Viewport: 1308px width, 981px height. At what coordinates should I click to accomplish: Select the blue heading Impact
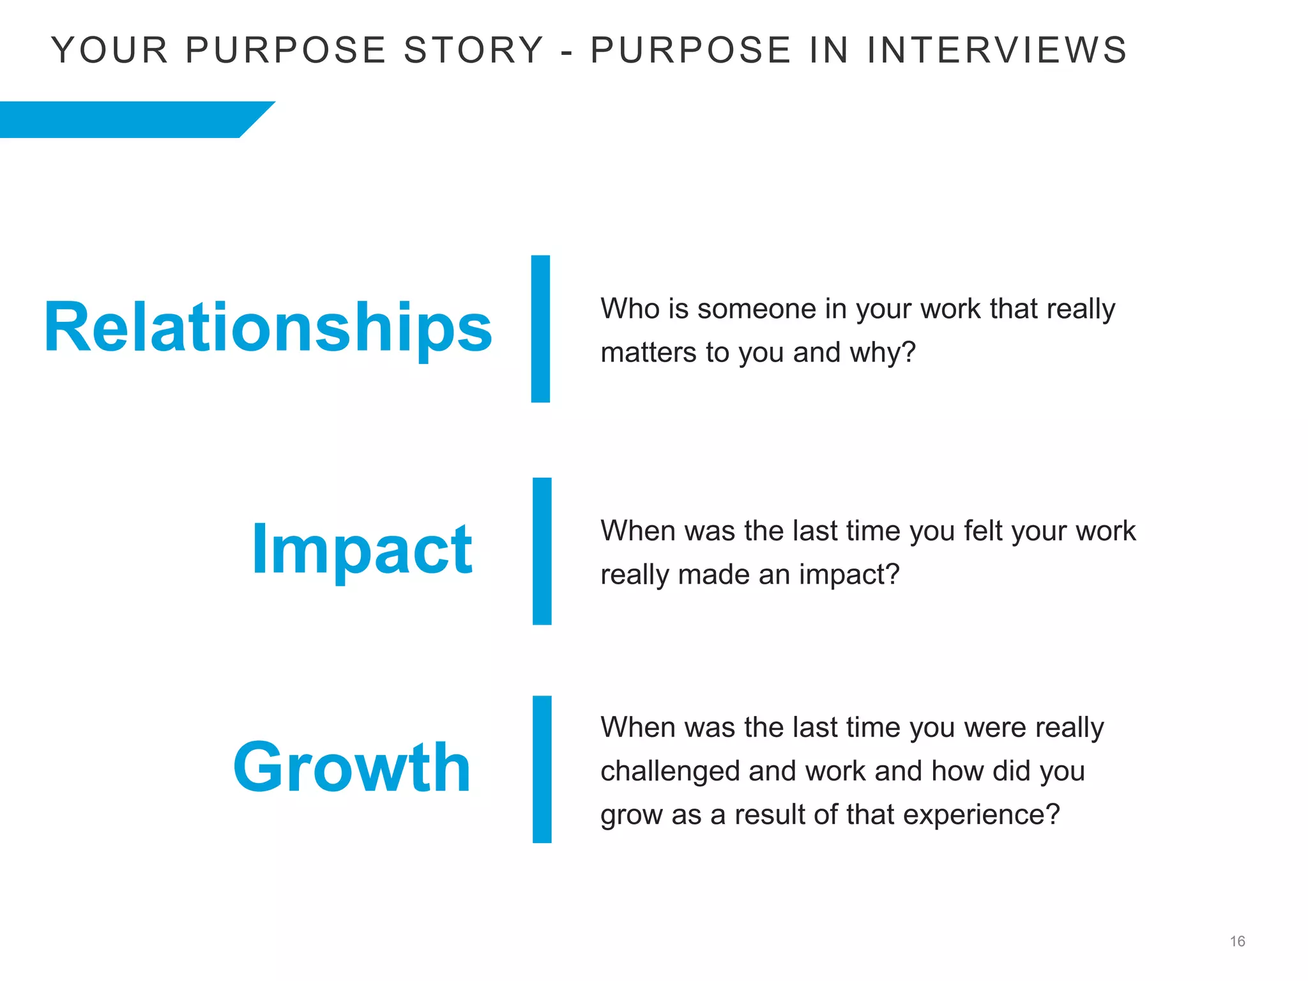click(x=361, y=550)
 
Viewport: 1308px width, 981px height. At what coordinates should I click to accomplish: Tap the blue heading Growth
click(x=352, y=768)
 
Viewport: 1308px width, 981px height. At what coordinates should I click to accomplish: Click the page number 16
click(x=1237, y=941)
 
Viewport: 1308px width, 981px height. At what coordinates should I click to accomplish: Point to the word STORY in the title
click(x=473, y=50)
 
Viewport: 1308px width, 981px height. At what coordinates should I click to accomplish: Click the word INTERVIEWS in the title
click(x=997, y=50)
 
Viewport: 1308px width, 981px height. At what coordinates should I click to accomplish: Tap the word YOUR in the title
click(x=109, y=50)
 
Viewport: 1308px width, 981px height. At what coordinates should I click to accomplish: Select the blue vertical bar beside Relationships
click(x=540, y=329)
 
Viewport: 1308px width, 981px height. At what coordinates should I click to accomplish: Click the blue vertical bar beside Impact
click(x=542, y=551)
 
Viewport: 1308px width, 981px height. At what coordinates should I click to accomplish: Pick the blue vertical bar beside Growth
click(x=542, y=770)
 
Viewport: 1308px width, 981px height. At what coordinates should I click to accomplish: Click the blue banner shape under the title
click(x=128, y=119)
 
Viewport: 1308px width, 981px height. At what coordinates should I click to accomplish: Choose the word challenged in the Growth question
click(x=670, y=772)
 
